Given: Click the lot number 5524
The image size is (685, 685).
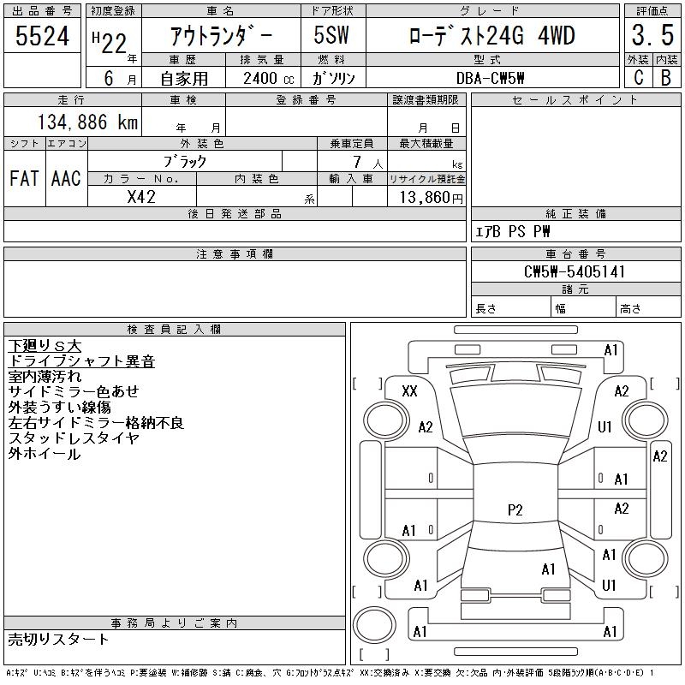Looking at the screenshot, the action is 42,37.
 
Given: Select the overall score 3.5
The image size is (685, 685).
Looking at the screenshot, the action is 650,37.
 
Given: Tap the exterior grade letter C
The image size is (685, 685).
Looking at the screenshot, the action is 638,77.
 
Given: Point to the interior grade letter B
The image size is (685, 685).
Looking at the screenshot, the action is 665,77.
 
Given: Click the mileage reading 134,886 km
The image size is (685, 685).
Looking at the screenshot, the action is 87,122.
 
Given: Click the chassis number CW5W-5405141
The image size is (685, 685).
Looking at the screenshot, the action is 575,271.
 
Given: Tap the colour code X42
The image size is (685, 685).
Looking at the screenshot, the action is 141,196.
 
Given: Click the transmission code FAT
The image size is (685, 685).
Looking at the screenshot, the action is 24,179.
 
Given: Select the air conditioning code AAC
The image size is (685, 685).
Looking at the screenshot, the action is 66,179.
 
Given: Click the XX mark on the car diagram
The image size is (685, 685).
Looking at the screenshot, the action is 409,391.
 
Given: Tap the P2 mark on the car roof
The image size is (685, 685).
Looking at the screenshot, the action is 515,510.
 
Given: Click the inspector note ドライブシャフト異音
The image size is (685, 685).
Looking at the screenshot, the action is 81,361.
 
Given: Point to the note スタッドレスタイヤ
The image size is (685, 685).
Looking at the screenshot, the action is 74,438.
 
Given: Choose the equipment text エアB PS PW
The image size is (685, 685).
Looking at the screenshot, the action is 513,232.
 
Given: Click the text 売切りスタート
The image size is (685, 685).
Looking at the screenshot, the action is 59,639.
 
